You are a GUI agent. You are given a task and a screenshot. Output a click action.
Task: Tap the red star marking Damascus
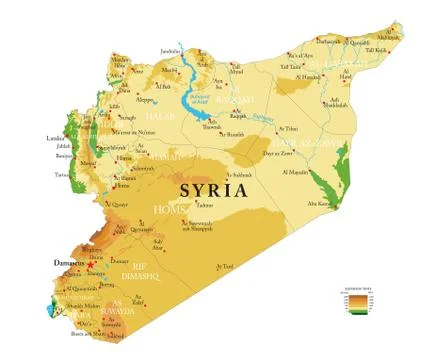90,265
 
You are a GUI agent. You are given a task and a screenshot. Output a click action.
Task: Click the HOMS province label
167,208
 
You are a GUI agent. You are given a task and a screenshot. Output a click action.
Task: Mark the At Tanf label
225,266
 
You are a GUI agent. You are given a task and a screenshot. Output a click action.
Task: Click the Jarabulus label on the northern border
171,49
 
